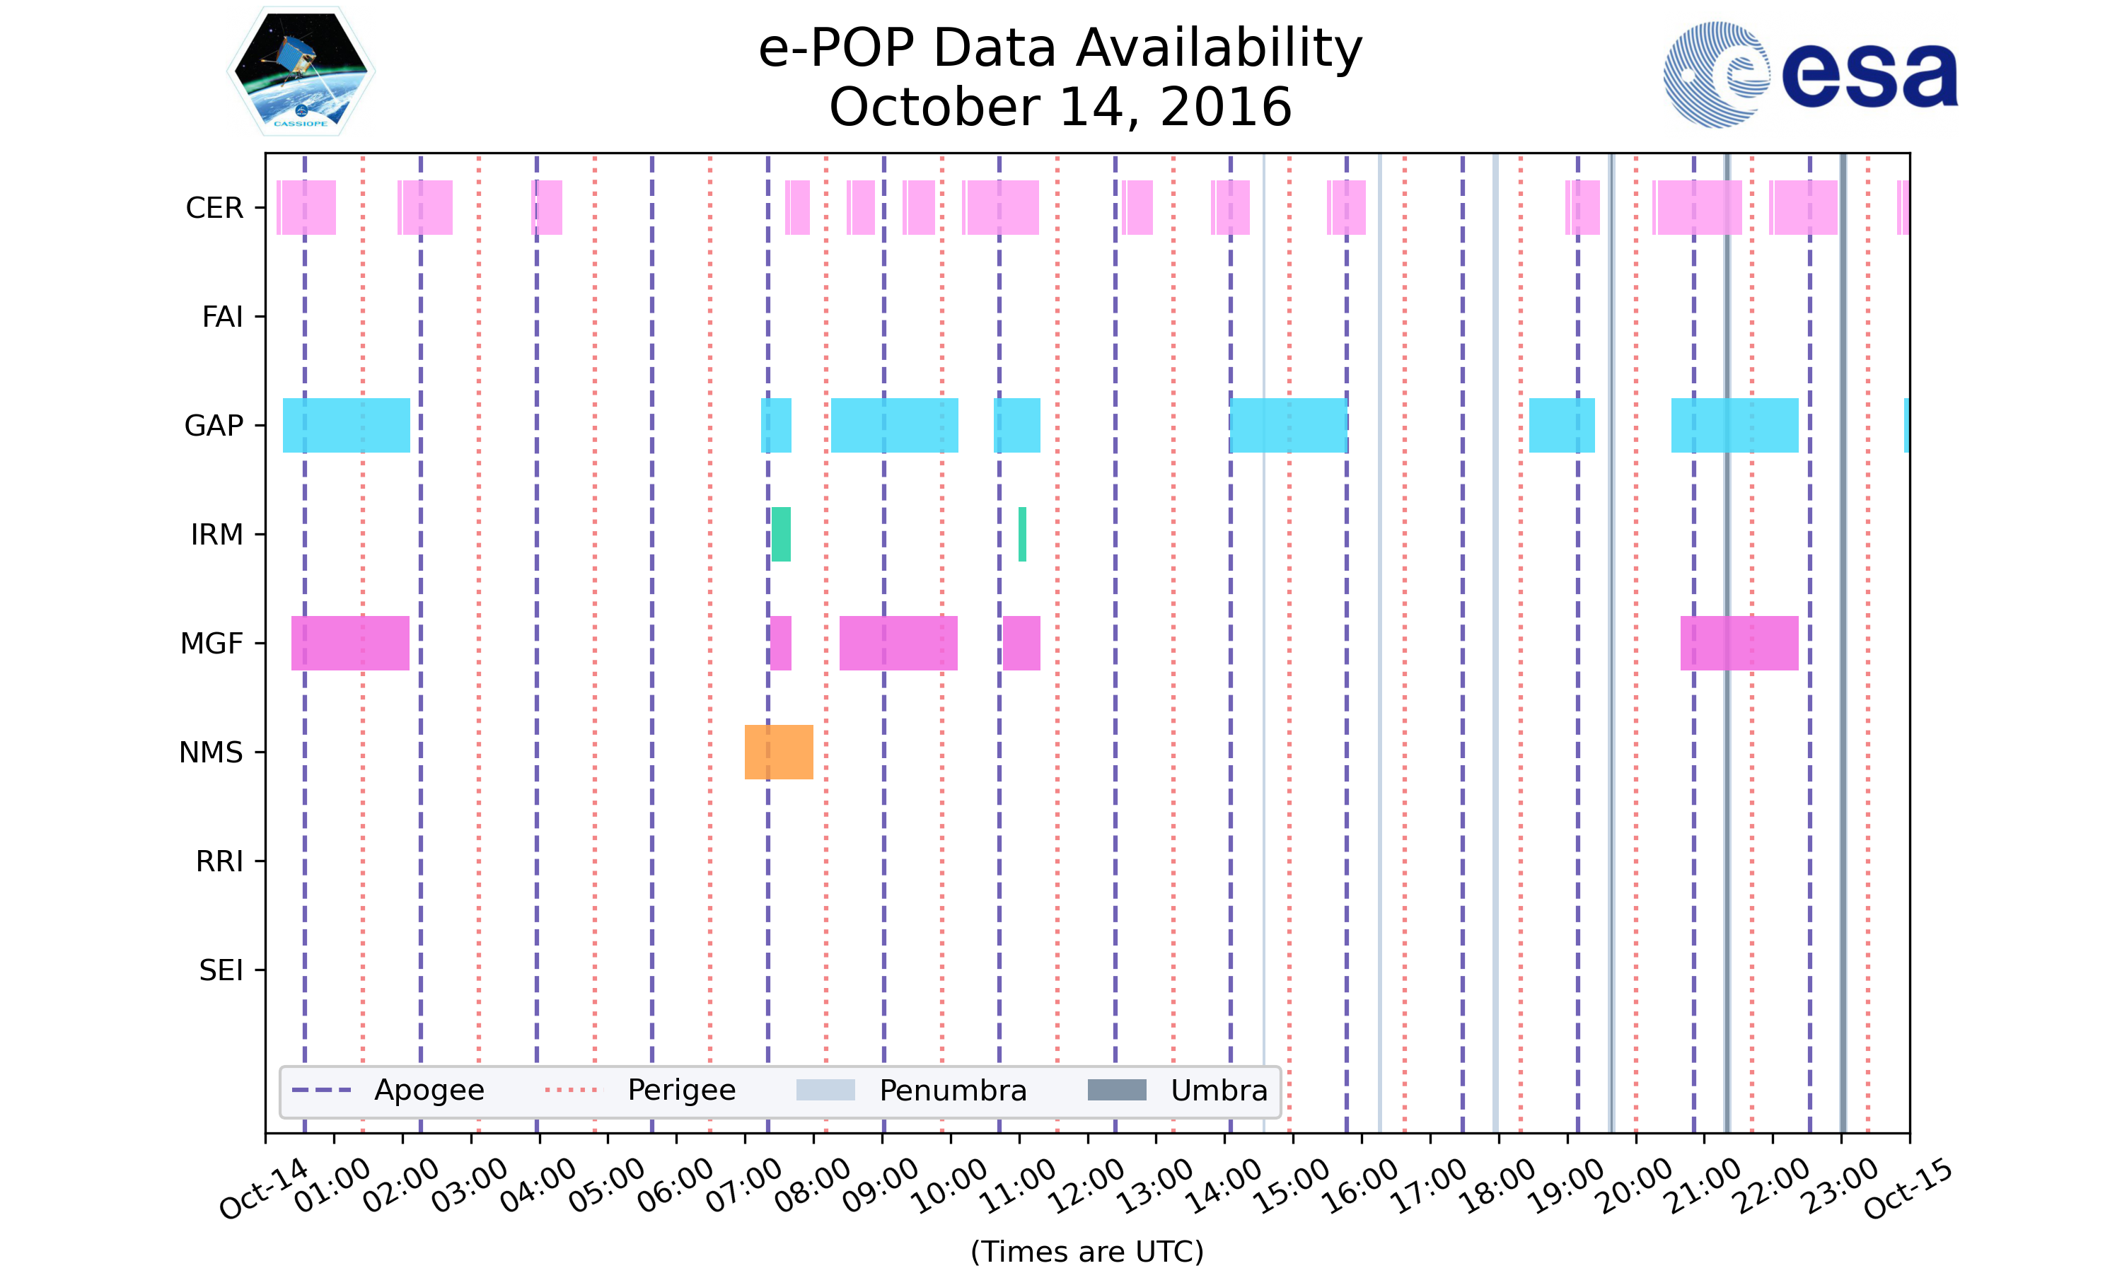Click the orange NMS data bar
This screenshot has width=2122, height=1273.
[778, 752]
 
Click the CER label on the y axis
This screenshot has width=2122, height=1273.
[214, 208]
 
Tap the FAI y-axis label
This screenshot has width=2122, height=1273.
[222, 317]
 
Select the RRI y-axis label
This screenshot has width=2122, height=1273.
[219, 861]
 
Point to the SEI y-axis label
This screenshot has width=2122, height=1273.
[221, 970]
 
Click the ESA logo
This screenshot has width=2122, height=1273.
[1810, 75]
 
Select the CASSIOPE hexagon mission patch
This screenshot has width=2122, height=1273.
[301, 71]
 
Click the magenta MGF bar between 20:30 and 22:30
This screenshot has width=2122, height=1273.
[1739, 642]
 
